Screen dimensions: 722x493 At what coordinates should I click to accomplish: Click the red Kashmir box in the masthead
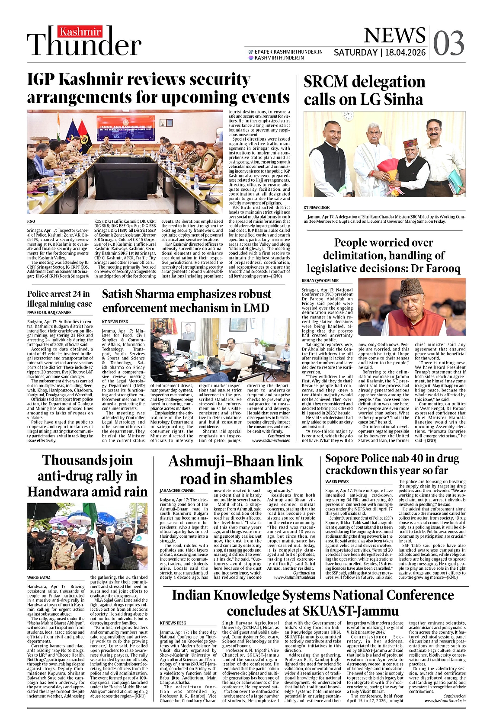pos(80,32)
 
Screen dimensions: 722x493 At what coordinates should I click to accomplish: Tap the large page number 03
pos(448,44)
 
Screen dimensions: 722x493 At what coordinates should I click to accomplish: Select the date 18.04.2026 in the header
pos(405,53)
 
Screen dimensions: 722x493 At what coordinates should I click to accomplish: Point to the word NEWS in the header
pos(388,36)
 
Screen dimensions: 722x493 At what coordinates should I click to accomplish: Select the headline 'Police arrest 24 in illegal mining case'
pos(60,298)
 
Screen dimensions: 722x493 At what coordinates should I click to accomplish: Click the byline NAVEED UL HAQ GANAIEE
pos(49,312)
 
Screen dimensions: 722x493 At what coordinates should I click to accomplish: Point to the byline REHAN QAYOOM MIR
pos(320,281)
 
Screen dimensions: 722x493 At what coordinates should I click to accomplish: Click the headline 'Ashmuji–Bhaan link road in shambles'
pos(236,470)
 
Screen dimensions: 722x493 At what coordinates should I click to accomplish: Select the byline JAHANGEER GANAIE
pos(177,491)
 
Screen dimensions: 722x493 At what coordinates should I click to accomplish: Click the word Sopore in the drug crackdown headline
pos(343,459)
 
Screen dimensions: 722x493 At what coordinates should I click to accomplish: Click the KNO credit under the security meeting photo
pos(31,221)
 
